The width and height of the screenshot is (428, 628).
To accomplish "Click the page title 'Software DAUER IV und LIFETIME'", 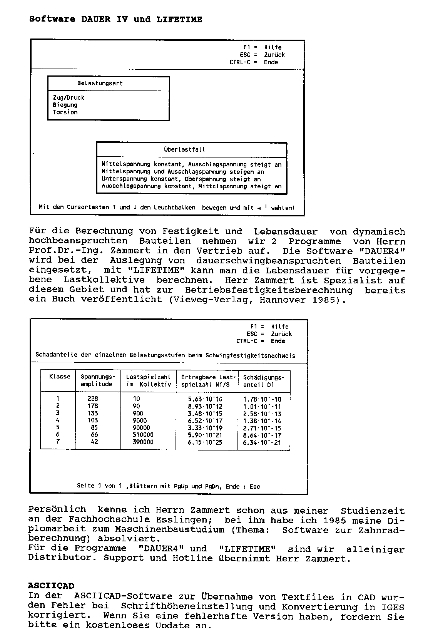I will click(116, 19).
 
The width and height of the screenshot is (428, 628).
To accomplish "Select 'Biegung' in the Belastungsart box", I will click(65, 105).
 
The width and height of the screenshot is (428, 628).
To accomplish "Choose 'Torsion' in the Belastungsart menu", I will click(65, 112).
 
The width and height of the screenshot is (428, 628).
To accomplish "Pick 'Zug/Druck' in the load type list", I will click(69, 97).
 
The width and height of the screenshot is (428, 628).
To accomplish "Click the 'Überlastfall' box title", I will click(184, 149).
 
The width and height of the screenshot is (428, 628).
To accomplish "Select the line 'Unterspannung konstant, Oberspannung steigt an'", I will click(181, 179).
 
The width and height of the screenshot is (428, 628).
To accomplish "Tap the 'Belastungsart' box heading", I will click(100, 83).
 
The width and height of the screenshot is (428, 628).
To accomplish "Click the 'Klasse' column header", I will click(60, 377).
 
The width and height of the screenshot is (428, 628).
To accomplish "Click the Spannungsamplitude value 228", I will click(93, 399).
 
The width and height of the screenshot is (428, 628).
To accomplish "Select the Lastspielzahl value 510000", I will click(143, 435).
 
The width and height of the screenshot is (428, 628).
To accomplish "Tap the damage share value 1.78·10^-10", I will click(262, 399).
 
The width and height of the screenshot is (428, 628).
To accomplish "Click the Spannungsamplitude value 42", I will click(94, 442).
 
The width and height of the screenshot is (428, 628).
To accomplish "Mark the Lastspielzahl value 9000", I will click(140, 420).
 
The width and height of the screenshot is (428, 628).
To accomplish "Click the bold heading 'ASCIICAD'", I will click(51, 586).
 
